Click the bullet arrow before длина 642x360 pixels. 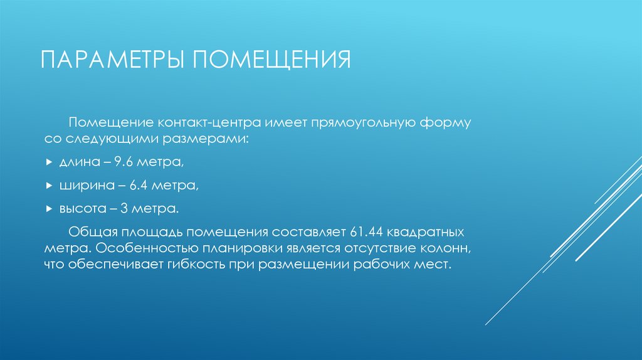point(50,163)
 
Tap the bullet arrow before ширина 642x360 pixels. point(50,186)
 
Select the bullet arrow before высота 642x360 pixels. point(50,208)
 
